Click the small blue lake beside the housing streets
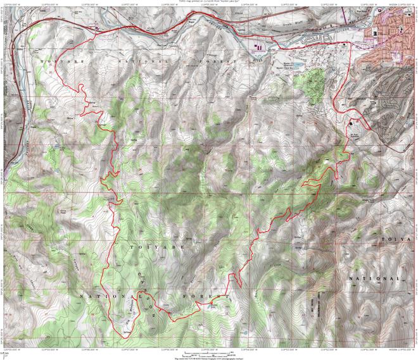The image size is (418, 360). click(x=298, y=65)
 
